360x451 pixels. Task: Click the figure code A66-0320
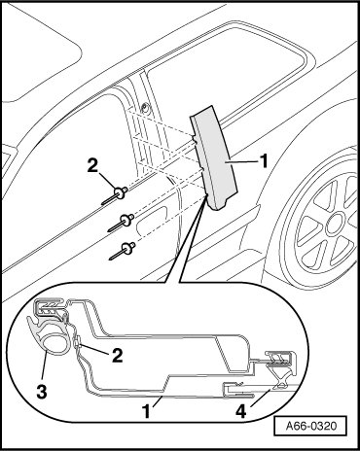311,426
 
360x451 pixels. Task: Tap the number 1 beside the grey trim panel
264,160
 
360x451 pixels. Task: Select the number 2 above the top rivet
92,167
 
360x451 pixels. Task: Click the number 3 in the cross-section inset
42,391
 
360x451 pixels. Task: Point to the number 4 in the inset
241,411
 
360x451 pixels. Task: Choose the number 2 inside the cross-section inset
117,355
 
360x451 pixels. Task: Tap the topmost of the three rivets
114,195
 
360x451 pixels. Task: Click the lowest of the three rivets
123,251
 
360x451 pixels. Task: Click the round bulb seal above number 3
54,344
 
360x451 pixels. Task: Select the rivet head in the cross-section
78,343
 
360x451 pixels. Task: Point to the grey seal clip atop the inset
52,306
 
